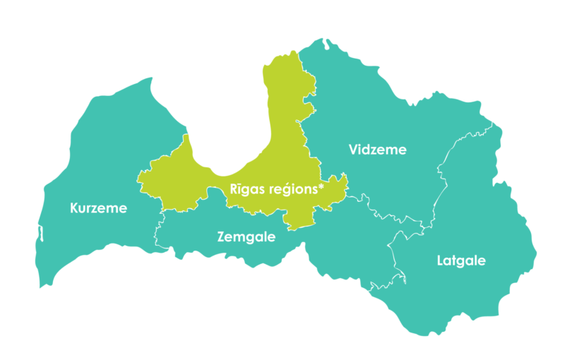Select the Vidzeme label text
coord(378,149)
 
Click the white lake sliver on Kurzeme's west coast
coord(40,234)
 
